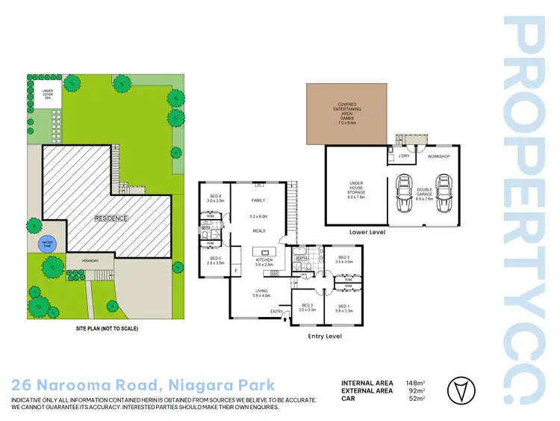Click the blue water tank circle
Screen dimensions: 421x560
coord(47,245)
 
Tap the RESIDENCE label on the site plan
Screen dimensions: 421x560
coord(111,218)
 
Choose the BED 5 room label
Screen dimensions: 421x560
coord(215,261)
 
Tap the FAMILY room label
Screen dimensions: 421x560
coord(259,201)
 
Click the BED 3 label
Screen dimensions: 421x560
coord(308,307)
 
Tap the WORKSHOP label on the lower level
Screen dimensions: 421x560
coord(438,156)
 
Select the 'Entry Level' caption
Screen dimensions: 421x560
coord(325,337)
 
